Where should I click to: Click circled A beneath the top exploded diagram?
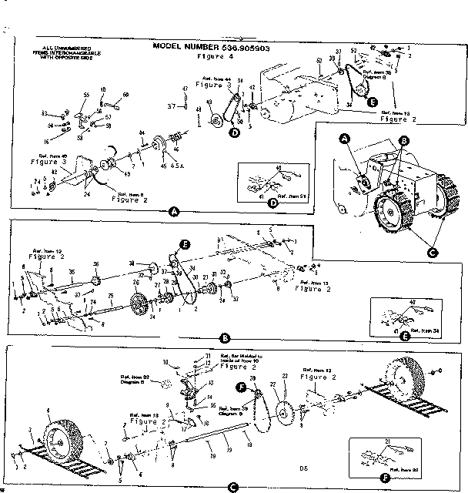[x=174, y=210]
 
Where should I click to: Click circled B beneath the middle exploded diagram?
[x=226, y=337]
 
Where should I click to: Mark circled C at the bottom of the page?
[x=232, y=485]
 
